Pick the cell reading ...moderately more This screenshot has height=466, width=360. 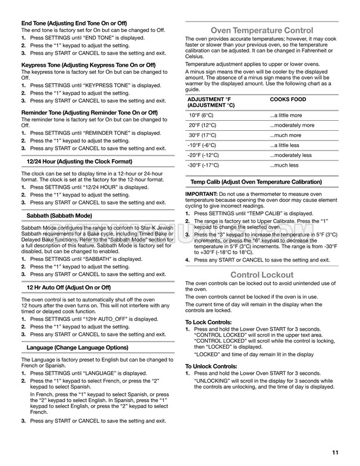point(292,126)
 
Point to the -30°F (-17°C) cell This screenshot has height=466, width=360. point(203,165)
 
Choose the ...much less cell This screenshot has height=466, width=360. point(284,165)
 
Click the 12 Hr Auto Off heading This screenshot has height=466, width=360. point(68,288)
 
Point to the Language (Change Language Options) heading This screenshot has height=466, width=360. point(78,347)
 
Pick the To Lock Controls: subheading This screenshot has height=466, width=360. point(208,322)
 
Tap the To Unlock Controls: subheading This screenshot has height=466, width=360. point(212,367)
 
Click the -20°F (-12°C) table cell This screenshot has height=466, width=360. point(203,155)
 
